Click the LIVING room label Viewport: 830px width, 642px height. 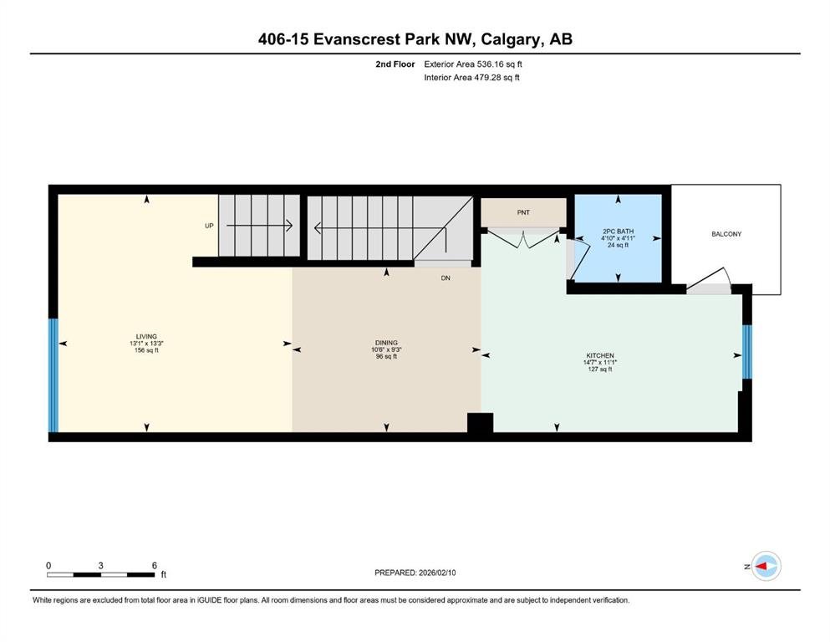point(146,336)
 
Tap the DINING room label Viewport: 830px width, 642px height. point(386,343)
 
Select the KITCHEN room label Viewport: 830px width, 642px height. point(600,355)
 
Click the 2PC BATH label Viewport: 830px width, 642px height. point(618,232)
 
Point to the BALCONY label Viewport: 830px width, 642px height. point(726,234)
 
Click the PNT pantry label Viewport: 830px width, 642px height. point(523,212)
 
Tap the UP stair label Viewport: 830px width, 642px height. point(209,226)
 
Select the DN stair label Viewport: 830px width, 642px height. point(446,278)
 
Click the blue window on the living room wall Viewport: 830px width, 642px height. point(53,375)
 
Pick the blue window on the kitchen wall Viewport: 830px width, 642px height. point(747,351)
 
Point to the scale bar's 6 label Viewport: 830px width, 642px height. point(155,565)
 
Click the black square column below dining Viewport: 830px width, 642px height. point(480,424)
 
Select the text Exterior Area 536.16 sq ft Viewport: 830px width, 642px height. point(473,64)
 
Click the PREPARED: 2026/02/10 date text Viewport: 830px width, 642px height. point(415,573)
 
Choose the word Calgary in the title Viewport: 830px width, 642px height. point(511,39)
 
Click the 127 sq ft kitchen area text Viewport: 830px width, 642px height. point(600,369)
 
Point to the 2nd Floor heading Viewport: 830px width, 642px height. point(395,64)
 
